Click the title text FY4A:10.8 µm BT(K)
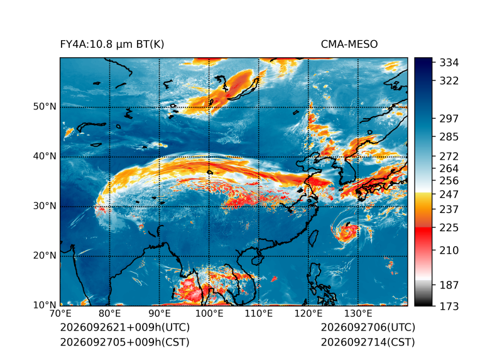point(112,45)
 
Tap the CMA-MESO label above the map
point(349,45)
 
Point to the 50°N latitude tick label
point(45,107)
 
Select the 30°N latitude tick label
point(45,205)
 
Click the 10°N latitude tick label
point(45,305)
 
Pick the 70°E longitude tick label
point(60,314)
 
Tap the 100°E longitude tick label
point(209,314)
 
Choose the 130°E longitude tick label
point(358,314)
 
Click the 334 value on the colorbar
point(449,63)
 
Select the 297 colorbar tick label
point(449,119)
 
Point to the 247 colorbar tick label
point(449,194)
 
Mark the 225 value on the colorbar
point(449,228)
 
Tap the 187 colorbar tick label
point(449,285)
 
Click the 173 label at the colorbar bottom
point(449,306)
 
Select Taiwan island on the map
point(314,239)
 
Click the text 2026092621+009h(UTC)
point(125,327)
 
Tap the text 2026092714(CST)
point(368,342)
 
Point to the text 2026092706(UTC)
point(368,327)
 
